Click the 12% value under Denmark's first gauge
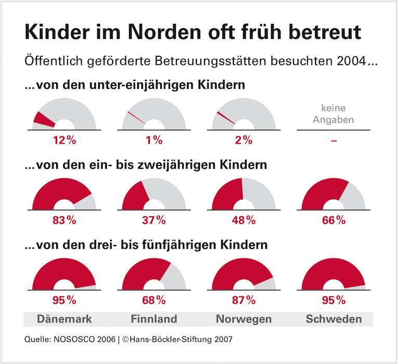64,140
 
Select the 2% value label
244,140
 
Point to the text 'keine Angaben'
334,115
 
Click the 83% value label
64,220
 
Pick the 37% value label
154,220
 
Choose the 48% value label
244,220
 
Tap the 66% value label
334,220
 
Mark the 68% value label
154,300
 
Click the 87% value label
244,300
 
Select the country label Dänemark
64,319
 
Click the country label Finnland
154,319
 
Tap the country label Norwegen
244,319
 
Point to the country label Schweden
334,319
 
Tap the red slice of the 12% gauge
42,119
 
